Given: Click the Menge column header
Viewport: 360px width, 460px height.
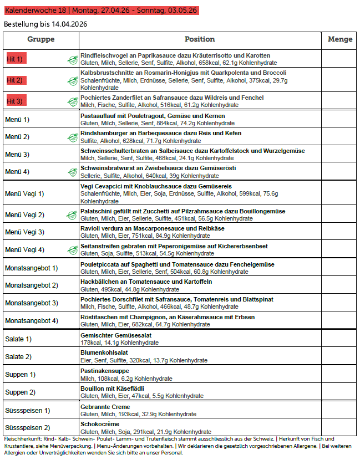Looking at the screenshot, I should (x=340, y=39).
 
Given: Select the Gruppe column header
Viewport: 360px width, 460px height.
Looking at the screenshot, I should (x=41, y=39).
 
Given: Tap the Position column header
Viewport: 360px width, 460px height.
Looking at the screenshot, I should (x=200, y=39).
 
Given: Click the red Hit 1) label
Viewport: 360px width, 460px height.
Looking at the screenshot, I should (x=15, y=59).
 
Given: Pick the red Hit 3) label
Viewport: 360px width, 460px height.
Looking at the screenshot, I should (x=15, y=101).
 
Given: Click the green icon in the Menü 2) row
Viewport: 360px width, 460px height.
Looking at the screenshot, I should (x=72, y=137).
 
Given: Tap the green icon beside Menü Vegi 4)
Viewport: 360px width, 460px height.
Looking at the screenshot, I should (x=72, y=249).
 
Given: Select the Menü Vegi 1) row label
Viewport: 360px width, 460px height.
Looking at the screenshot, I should (x=24, y=193).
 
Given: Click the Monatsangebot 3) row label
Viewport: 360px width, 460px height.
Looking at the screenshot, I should (x=31, y=303).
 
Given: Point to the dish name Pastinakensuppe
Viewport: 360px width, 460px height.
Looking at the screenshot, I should (x=105, y=371).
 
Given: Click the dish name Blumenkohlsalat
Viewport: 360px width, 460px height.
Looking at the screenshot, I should (x=104, y=352).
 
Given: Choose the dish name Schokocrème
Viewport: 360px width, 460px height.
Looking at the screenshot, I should (x=100, y=424).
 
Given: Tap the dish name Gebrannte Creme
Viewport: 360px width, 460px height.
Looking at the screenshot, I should (x=105, y=407).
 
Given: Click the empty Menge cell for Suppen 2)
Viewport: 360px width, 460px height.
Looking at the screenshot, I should (x=340, y=392).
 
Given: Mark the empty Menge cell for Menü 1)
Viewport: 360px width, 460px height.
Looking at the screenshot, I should (x=340, y=119).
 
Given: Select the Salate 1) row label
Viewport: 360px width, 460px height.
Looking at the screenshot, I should (x=18, y=339).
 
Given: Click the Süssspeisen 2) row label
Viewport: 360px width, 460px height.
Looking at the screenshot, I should (x=27, y=427).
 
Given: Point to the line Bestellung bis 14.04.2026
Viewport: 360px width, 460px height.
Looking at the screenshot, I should (x=45, y=24).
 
